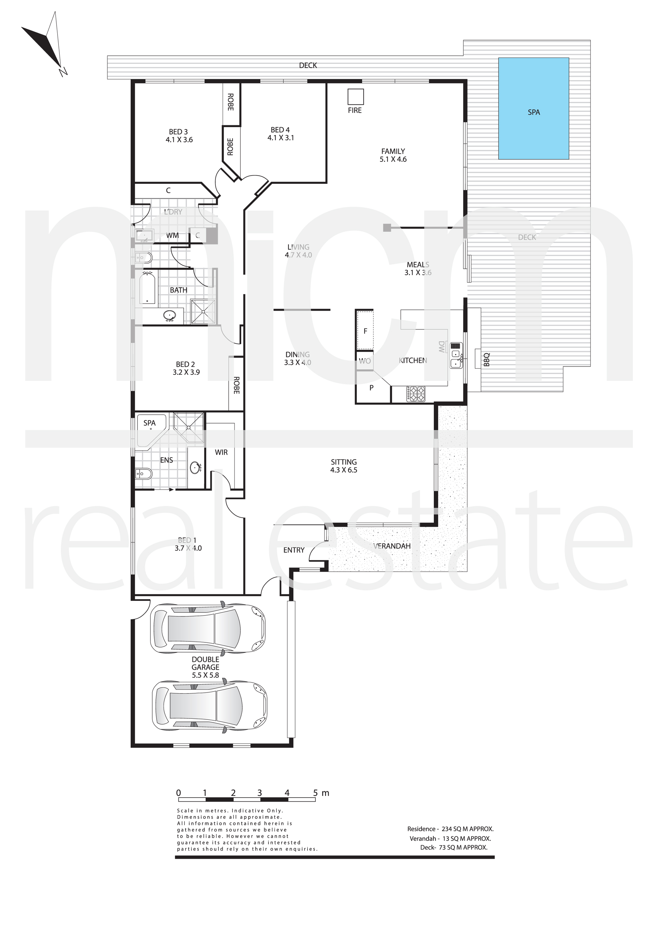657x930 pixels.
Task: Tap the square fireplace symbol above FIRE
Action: click(356, 97)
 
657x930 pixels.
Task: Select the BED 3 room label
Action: click(179, 136)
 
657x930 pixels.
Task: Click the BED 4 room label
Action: click(280, 134)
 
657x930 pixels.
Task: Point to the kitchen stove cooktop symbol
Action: click(416, 394)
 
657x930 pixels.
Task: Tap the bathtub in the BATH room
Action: click(148, 288)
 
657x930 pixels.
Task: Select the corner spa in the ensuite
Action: click(150, 431)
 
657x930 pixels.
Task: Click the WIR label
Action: click(221, 452)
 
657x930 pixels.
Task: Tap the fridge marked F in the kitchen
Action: click(365, 330)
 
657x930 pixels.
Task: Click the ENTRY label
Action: click(294, 550)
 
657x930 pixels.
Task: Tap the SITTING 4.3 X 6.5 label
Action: click(344, 466)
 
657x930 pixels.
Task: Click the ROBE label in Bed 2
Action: click(236, 385)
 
